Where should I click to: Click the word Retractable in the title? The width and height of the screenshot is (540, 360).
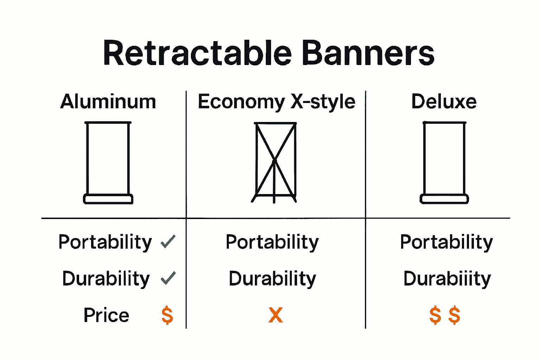point(197,53)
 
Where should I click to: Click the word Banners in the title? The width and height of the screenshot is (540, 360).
point(368,53)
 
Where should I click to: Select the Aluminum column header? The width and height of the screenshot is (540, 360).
point(108,102)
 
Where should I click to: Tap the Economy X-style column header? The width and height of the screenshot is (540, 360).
point(276,102)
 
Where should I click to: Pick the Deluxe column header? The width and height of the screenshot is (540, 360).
point(444,102)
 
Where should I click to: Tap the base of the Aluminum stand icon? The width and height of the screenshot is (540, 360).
point(108,199)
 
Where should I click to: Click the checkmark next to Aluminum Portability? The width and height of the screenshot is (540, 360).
point(168,242)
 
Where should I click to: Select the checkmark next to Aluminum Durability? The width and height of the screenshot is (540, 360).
point(168,278)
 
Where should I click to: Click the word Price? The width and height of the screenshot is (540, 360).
point(106,315)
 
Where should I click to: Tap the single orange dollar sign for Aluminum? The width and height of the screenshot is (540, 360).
point(167,315)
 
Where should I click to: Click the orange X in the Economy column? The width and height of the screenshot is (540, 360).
point(275,315)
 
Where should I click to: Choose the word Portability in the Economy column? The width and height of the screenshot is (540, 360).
point(272,242)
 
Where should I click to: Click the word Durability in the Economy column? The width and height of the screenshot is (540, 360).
point(272,279)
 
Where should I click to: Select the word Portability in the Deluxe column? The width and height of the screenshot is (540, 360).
point(446,242)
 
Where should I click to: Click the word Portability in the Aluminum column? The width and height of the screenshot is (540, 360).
point(105,242)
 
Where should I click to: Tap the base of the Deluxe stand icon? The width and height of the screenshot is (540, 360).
point(444,199)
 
